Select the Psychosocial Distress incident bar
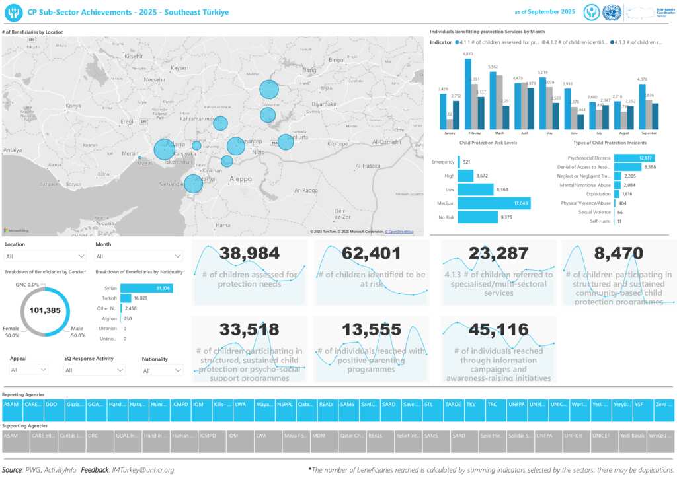(634, 158)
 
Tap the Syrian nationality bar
(146, 289)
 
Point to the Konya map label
(73, 106)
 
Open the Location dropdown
(44, 256)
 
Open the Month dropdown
(139, 256)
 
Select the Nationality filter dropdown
(162, 371)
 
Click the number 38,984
(249, 253)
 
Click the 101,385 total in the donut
(45, 310)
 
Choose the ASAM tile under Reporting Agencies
(11, 404)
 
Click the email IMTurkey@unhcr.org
(143, 470)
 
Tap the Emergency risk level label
(442, 162)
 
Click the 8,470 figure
(617, 253)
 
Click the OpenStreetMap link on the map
(400, 232)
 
